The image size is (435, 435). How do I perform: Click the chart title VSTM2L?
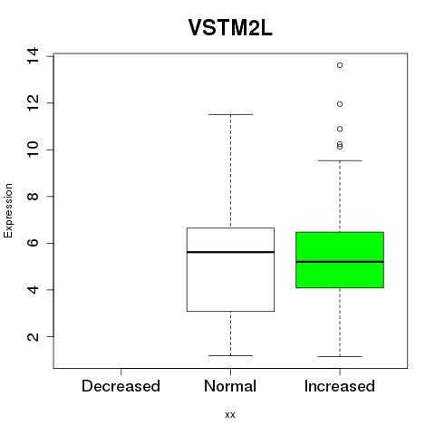[x=230, y=28]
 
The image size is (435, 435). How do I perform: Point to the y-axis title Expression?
[x=8, y=210]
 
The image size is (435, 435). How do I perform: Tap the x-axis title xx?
[x=230, y=415]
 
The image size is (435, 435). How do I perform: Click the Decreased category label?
[x=121, y=386]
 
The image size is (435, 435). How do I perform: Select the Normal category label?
[x=230, y=386]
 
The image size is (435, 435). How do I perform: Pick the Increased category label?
[x=340, y=386]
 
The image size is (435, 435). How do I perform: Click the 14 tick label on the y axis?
[x=33, y=56]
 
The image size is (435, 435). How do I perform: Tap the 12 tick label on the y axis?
[x=33, y=103]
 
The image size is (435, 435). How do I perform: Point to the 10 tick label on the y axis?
[x=33, y=150]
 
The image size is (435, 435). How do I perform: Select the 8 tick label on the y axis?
[x=33, y=197]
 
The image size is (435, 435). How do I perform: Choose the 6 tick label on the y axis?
[x=33, y=243]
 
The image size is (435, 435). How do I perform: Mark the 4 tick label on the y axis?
[x=33, y=290]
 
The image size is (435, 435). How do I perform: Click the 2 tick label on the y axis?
[x=33, y=336]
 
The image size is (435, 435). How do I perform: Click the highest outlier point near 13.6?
[x=340, y=65]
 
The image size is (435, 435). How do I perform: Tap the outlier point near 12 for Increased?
[x=340, y=104]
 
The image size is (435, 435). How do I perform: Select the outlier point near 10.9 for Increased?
[x=340, y=129]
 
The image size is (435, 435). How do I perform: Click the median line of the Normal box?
[x=230, y=252]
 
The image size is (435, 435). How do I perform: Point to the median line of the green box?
[x=340, y=262]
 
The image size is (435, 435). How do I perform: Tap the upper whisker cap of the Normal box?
[x=230, y=114]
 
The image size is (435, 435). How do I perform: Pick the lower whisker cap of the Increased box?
[x=340, y=356]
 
